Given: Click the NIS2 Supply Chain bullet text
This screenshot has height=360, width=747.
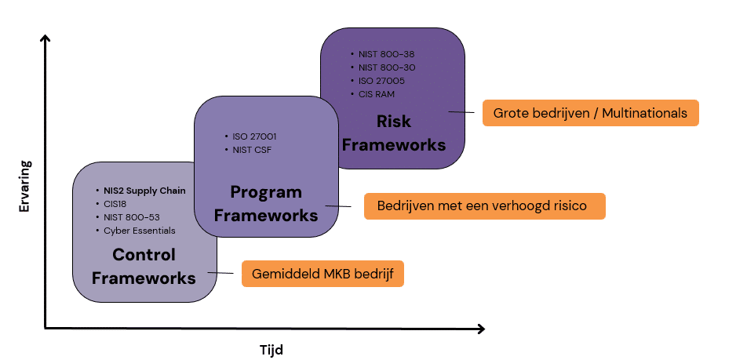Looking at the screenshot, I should (144, 191).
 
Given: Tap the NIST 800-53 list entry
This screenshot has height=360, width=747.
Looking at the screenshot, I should (130, 217).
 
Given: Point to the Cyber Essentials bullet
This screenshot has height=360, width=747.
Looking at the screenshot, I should (140, 231).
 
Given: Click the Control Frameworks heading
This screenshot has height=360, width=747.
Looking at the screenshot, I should (144, 266).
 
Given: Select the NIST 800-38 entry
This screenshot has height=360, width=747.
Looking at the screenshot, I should (387, 54).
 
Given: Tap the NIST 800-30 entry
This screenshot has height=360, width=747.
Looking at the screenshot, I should (387, 67).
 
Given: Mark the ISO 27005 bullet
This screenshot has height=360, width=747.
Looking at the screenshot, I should (381, 81).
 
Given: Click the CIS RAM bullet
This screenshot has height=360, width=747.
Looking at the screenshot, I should (377, 94).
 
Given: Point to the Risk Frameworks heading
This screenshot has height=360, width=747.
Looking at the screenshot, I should (394, 133).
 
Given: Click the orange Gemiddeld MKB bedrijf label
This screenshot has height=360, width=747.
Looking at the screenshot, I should (322, 274).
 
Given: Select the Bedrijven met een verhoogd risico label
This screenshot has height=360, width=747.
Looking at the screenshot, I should (485, 207).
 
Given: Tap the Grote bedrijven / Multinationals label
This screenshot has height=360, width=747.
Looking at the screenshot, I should (590, 113).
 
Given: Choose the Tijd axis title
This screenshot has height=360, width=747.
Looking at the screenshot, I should (271, 350).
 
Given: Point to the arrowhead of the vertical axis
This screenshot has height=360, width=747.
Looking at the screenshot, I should (46, 39).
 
